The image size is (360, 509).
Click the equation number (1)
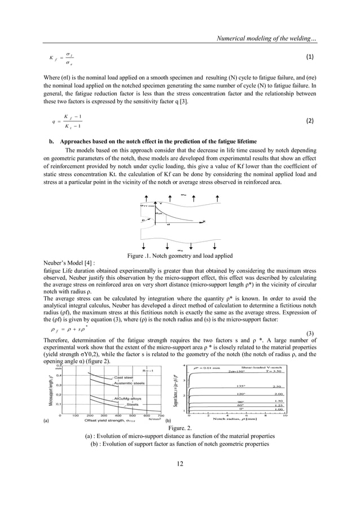309,58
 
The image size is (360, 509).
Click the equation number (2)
309,120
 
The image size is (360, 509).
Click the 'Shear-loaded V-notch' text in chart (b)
265,367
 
